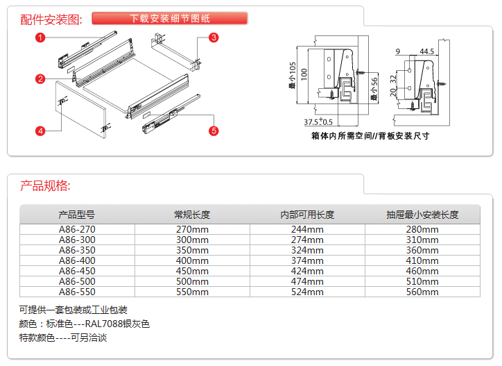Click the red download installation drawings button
[170, 19]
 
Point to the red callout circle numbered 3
[214, 37]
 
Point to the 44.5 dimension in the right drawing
[426, 52]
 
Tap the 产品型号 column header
[77, 215]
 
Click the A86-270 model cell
[77, 230]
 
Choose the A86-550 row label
[77, 292]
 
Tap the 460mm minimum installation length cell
[422, 272]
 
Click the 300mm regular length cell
[192, 240]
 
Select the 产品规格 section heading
[45, 186]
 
